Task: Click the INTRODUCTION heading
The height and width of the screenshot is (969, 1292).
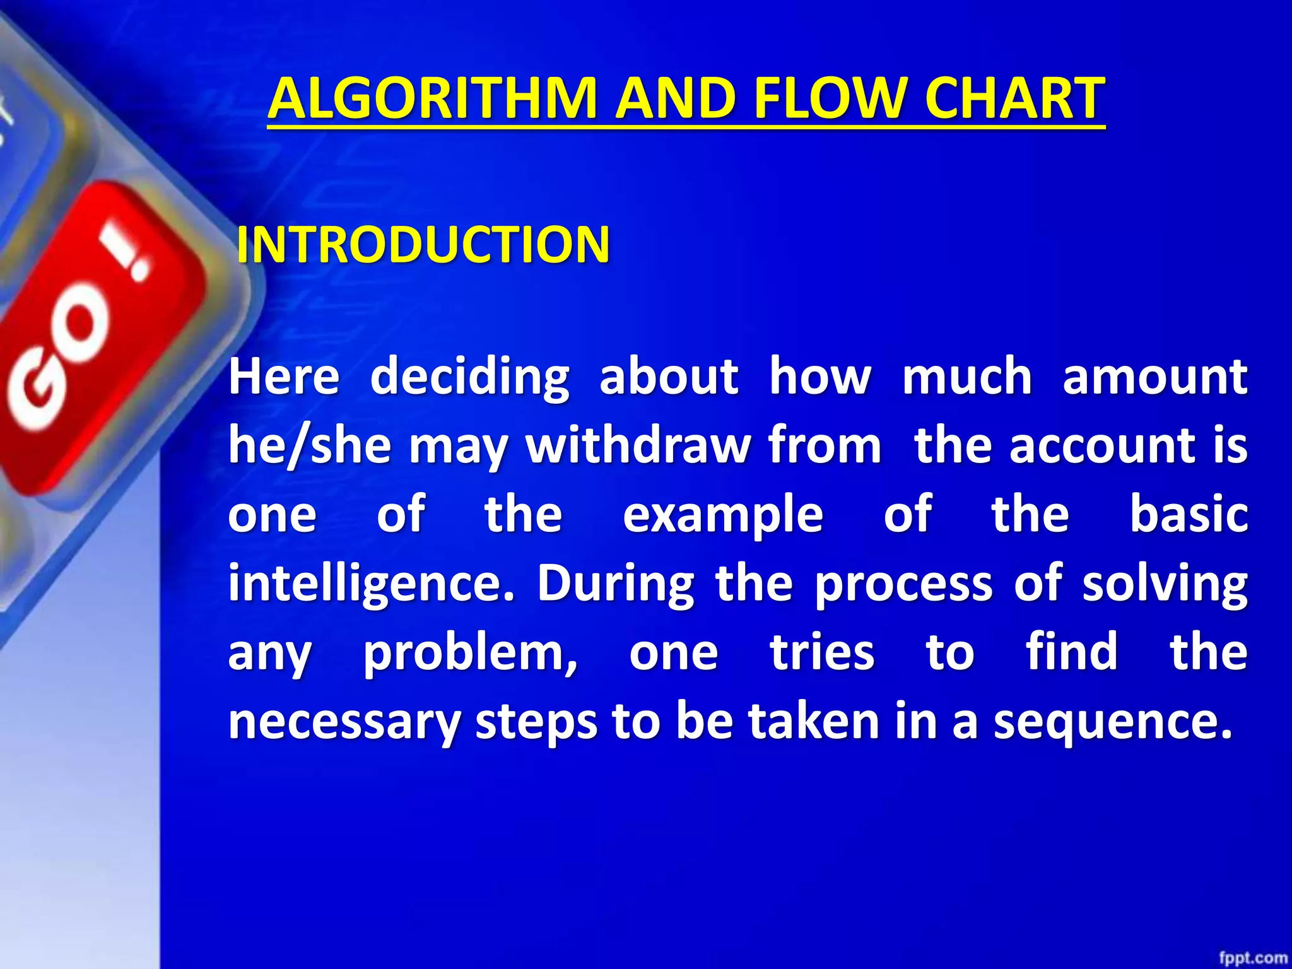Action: (x=423, y=245)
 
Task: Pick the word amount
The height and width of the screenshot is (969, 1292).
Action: (x=1154, y=377)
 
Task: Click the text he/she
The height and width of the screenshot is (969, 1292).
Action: (x=310, y=447)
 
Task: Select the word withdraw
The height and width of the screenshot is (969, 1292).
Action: (x=638, y=445)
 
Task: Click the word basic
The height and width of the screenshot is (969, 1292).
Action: (x=1188, y=514)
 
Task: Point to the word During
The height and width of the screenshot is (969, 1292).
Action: (x=616, y=584)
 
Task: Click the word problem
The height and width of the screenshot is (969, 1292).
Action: (x=470, y=654)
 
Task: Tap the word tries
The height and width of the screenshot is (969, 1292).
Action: (x=822, y=652)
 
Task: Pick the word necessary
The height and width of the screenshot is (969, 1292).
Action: (x=344, y=723)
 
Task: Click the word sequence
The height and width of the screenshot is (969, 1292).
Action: (x=1112, y=723)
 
